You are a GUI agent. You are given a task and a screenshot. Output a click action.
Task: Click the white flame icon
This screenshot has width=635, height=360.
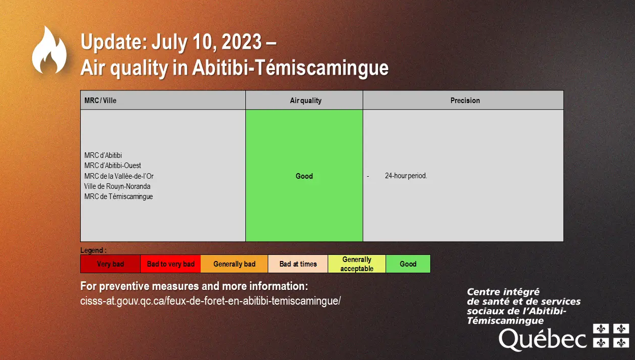tap(49, 51)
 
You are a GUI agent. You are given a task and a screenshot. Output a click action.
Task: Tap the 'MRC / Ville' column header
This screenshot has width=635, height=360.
tap(101, 101)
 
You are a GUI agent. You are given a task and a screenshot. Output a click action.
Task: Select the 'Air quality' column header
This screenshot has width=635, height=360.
tap(306, 101)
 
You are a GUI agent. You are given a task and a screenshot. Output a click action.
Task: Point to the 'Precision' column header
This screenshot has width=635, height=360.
tap(465, 101)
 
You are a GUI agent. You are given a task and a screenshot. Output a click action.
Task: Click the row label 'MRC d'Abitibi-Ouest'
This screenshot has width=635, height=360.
tap(113, 166)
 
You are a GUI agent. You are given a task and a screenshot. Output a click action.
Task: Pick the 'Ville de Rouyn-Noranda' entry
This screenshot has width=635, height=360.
tap(117, 186)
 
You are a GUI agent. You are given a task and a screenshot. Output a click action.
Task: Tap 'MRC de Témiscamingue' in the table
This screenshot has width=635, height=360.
tap(118, 197)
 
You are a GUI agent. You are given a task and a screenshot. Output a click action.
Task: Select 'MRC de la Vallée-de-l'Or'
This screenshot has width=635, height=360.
tap(119, 176)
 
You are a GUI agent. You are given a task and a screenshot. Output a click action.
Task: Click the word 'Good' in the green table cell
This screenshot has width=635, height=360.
tap(304, 176)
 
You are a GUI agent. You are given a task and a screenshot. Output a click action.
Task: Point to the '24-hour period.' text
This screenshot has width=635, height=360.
tap(406, 176)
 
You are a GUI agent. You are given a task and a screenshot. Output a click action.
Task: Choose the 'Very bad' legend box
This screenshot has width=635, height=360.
tap(110, 264)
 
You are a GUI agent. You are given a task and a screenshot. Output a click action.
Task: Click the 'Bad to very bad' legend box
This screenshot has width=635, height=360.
tap(170, 264)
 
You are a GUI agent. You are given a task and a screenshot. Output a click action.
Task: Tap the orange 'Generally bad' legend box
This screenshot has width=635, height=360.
tap(234, 264)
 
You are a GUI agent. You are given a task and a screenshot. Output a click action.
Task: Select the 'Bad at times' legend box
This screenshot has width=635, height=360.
tap(298, 264)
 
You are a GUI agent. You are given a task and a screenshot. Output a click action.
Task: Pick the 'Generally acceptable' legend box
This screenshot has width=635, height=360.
tap(357, 264)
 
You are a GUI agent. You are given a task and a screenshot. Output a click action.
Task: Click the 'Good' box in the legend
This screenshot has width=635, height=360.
tap(408, 264)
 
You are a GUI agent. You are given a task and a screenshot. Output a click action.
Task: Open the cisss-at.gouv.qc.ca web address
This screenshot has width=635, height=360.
tap(210, 301)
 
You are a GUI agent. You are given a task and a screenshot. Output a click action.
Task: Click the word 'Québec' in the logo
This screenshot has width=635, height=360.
tap(543, 339)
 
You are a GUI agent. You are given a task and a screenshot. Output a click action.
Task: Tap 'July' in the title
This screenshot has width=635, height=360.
tap(170, 42)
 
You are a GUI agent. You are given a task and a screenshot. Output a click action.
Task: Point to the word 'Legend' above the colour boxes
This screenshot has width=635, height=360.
tap(91, 250)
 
